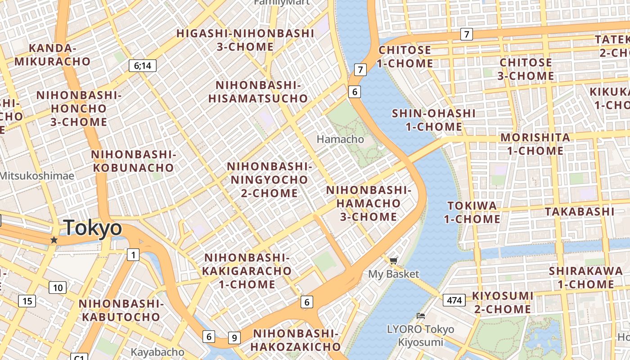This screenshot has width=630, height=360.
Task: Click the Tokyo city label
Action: tap(93, 228)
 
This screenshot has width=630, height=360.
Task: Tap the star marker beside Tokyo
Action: tap(54, 240)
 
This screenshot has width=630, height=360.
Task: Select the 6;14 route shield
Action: tap(142, 66)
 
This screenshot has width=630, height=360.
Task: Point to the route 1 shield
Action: tap(133, 255)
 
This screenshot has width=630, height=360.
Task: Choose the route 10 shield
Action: tap(58, 288)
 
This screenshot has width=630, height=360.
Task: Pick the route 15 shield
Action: tap(27, 301)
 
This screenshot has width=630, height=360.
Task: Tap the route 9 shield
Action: tap(234, 337)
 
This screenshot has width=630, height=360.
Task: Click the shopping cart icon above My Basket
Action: tap(393, 261)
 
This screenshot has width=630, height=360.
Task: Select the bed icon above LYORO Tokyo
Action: tap(421, 316)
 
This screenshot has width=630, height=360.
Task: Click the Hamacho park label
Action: tap(340, 139)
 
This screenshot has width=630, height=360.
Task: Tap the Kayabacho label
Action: tap(157, 352)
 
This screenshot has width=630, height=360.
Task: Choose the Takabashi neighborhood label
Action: tap(579, 211)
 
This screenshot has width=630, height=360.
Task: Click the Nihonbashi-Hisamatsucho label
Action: tap(258, 92)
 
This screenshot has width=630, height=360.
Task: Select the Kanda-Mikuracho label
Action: tap(52, 55)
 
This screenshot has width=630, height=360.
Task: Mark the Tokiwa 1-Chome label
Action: tap(472, 212)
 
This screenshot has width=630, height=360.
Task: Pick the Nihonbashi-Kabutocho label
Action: tap(121, 310)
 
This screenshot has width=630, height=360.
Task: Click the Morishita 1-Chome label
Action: tap(535, 144)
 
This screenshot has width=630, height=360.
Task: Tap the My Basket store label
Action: tap(393, 274)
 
